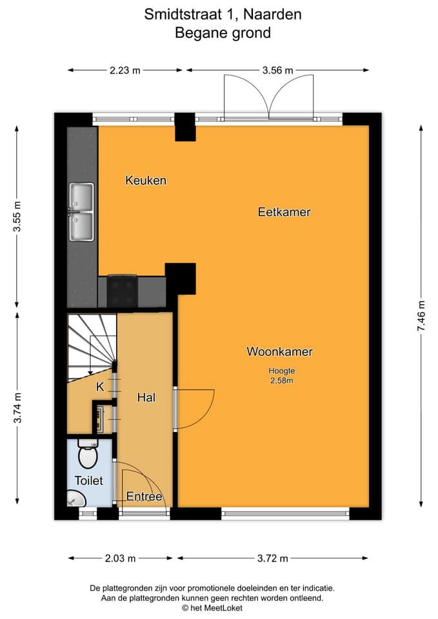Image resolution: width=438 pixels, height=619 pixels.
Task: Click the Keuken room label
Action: pyautogui.click(x=146, y=181)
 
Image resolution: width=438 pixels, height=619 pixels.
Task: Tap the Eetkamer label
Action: pyautogui.click(x=284, y=212)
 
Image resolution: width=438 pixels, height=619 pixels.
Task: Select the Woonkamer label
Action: pyautogui.click(x=279, y=352)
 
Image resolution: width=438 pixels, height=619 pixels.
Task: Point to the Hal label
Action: pyautogui.click(x=146, y=397)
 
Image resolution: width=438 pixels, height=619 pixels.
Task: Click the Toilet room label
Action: pyautogui.click(x=88, y=480)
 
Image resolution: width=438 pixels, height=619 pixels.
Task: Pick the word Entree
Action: pyautogui.click(x=144, y=496)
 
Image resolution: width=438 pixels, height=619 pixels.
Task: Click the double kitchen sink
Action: pyautogui.click(x=81, y=212)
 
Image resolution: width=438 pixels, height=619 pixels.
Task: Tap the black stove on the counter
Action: pyautogui.click(x=122, y=291)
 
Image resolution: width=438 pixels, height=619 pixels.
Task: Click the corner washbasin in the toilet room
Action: pyautogui.click(x=75, y=499)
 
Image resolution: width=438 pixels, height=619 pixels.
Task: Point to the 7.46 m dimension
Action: pyautogui.click(x=421, y=316)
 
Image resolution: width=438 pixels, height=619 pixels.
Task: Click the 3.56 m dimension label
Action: pyautogui.click(x=277, y=70)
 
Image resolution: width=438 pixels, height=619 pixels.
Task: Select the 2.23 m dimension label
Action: pyautogui.click(x=124, y=70)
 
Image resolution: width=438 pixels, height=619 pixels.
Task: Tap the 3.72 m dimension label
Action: pyautogui.click(x=272, y=558)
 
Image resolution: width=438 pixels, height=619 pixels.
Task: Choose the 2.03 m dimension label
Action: pyautogui.click(x=120, y=558)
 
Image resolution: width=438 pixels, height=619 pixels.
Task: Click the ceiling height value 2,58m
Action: pyautogui.click(x=282, y=380)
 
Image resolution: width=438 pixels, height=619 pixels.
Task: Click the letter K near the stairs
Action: pyautogui.click(x=100, y=387)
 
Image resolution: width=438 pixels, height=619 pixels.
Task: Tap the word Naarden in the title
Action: pyautogui.click(x=272, y=14)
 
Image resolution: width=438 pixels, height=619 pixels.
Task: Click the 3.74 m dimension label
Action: pyautogui.click(x=17, y=408)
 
